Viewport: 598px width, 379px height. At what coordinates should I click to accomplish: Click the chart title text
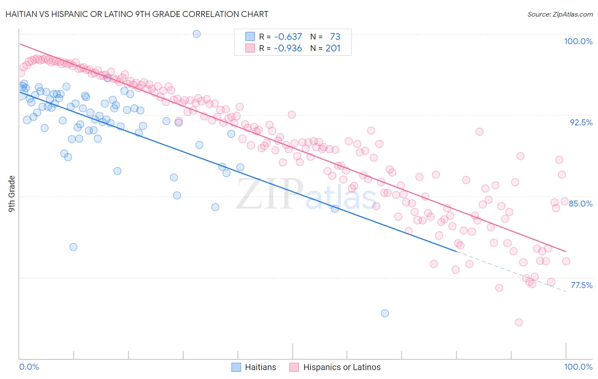(137, 14)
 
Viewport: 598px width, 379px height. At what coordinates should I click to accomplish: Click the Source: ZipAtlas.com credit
(560, 14)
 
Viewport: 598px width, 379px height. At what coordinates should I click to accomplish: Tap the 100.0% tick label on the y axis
(578, 41)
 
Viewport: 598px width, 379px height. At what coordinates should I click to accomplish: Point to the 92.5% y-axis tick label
(581, 122)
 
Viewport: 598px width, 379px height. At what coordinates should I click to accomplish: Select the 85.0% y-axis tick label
(581, 204)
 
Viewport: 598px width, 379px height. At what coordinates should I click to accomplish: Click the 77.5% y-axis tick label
(581, 285)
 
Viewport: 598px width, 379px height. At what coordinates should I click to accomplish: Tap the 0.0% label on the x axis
(29, 367)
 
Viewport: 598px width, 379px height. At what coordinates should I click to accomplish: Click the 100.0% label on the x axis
(578, 367)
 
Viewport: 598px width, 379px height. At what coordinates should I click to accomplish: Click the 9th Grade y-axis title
(12, 194)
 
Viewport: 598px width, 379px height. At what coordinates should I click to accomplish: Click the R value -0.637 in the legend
(288, 37)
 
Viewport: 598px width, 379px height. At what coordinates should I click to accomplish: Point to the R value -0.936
(288, 48)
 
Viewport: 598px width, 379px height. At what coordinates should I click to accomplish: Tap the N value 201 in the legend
(333, 48)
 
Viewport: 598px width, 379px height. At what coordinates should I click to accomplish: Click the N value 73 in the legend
(335, 37)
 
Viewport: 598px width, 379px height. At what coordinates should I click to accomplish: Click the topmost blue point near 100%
(196, 34)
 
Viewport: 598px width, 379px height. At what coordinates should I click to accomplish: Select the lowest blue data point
(385, 314)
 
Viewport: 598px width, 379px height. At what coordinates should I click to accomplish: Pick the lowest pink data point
(518, 322)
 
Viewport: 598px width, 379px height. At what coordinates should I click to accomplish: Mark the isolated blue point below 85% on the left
(73, 247)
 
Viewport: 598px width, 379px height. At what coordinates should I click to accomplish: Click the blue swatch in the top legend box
(250, 37)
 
